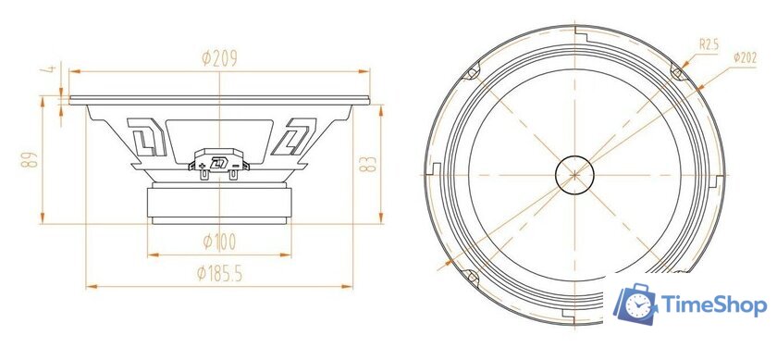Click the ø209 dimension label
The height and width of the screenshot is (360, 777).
pyautogui.click(x=219, y=58)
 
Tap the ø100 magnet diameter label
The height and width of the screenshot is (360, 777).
pyautogui.click(x=220, y=242)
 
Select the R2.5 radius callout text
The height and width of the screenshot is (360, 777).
pyautogui.click(x=709, y=43)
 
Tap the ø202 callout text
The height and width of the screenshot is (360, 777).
pyautogui.click(x=746, y=57)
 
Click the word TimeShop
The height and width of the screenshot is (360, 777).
pyautogui.click(x=713, y=305)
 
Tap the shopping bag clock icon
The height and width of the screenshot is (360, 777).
pyautogui.click(x=637, y=304)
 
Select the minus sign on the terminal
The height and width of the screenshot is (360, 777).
pyautogui.click(x=237, y=166)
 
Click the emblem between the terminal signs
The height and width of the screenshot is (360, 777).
pyautogui.click(x=219, y=165)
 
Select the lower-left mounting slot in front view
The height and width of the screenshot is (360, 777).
pyautogui.click(x=470, y=274)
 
